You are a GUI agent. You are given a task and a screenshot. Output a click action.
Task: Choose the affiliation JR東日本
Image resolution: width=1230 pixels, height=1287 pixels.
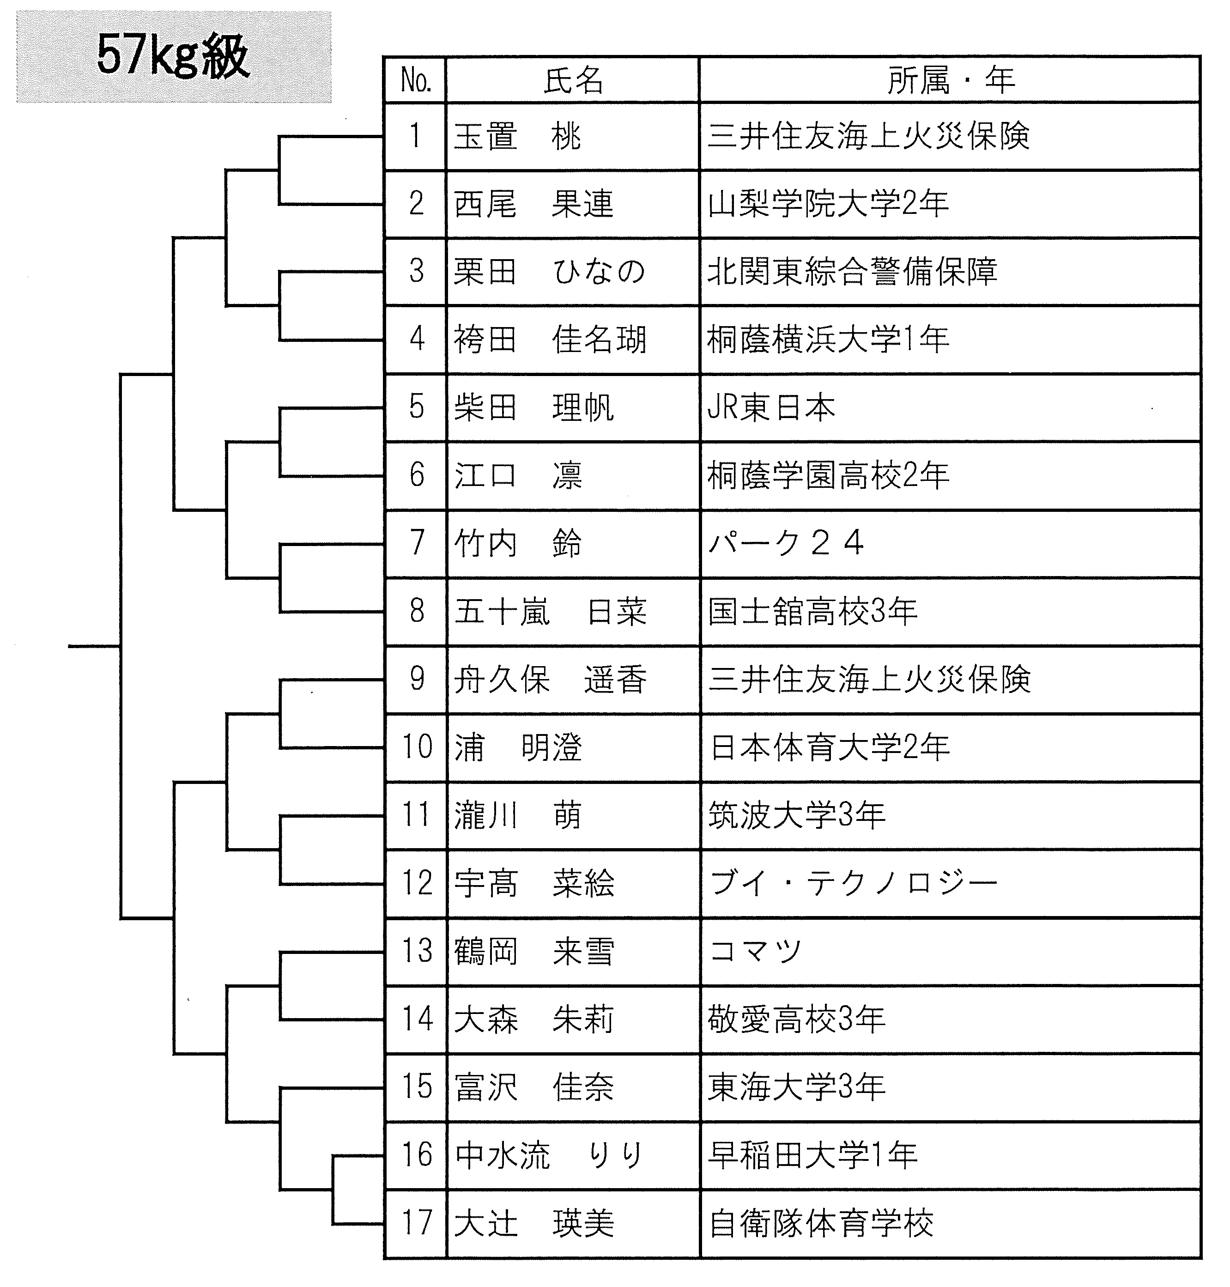pyautogui.click(x=772, y=407)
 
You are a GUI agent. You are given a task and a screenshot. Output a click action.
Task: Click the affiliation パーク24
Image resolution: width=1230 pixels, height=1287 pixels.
pyautogui.click(x=786, y=543)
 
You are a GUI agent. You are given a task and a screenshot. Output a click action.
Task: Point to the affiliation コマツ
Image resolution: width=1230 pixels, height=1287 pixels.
pyautogui.click(x=755, y=951)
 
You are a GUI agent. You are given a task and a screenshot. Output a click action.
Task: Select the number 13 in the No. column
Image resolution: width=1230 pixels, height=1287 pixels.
pyautogui.click(x=417, y=951)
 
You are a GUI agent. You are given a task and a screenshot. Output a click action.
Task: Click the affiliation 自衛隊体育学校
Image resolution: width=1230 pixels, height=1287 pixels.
pyautogui.click(x=821, y=1223)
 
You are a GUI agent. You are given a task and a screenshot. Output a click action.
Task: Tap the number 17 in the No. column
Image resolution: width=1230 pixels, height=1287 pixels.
pyautogui.click(x=417, y=1223)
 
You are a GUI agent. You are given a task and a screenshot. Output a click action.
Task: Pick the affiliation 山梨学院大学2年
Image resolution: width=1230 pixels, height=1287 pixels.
pyautogui.click(x=828, y=204)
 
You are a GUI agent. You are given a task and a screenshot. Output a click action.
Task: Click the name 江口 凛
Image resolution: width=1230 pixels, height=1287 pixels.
pyautogui.click(x=517, y=475)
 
